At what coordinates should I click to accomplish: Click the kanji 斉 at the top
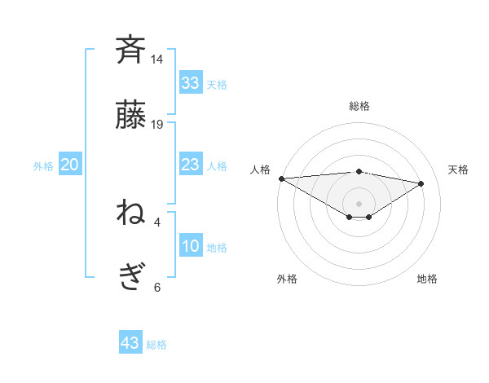131,50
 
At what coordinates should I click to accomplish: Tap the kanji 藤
131,116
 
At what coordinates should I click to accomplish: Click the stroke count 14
157,59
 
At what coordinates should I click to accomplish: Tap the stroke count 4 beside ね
157,222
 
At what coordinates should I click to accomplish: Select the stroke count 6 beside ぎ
157,287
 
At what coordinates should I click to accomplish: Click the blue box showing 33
190,83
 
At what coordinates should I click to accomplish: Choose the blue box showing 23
190,165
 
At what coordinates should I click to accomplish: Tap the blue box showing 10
190,246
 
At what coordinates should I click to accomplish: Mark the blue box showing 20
69,165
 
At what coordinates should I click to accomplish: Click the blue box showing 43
130,343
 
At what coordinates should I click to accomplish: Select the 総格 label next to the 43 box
156,345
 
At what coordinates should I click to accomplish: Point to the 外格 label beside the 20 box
43,166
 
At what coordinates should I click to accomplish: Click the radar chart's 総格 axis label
359,106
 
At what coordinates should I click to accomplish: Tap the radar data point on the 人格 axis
281,178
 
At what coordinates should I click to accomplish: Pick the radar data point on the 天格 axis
422,183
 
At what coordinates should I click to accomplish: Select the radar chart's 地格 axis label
427,279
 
